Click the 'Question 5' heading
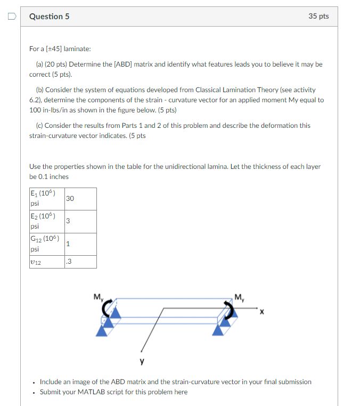pyautogui.click(x=49, y=17)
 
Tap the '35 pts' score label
pyautogui.click(x=318, y=17)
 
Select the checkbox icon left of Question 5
pyautogui.click(x=11, y=17)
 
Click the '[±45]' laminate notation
pyautogui.click(x=54, y=49)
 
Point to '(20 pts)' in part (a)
pyautogui.click(x=53, y=64)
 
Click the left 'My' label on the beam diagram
pyautogui.click(x=97, y=297)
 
